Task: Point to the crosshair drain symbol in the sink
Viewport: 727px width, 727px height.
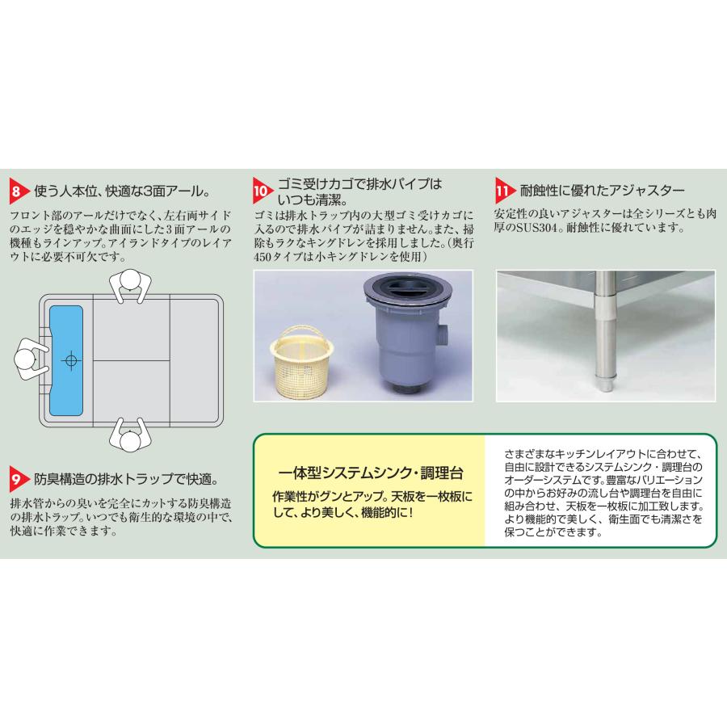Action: tap(71, 359)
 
